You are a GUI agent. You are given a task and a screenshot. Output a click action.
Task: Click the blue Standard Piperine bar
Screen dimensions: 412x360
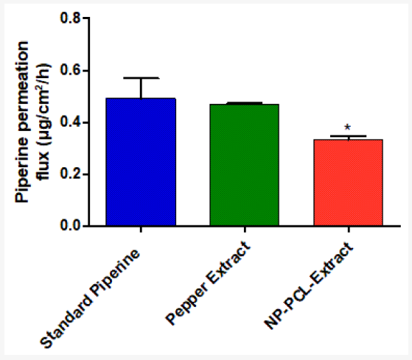point(141,162)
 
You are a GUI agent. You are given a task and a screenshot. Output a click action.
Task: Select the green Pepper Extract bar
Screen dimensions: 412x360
point(245,165)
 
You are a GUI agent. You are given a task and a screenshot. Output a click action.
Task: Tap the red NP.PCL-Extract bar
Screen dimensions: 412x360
point(348,183)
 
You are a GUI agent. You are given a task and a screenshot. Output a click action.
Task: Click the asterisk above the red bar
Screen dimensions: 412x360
point(347,127)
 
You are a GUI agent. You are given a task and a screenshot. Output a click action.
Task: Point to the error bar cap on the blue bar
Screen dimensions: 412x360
point(141,78)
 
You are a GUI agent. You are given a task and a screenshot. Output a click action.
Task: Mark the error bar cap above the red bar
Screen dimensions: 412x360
point(348,136)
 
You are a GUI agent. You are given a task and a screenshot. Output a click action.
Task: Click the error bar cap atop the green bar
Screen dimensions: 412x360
point(245,102)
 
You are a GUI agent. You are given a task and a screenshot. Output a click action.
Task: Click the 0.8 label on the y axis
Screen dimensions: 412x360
point(70,18)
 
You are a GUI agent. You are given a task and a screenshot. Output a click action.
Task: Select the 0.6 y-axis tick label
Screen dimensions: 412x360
point(70,71)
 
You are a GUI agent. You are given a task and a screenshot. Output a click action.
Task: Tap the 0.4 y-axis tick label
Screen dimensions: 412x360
point(70,122)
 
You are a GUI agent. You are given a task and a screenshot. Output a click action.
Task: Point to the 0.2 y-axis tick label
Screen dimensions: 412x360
point(70,174)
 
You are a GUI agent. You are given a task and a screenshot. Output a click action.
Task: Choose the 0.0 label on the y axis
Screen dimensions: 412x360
point(70,225)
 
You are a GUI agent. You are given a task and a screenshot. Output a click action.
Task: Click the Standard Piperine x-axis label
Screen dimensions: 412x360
point(90,298)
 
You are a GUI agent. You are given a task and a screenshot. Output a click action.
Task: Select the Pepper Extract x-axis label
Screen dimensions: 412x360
point(208,283)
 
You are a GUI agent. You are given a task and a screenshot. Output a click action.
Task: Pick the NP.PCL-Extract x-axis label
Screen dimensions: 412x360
point(309,286)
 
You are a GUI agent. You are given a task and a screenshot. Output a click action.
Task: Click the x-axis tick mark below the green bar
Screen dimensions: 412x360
point(245,229)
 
